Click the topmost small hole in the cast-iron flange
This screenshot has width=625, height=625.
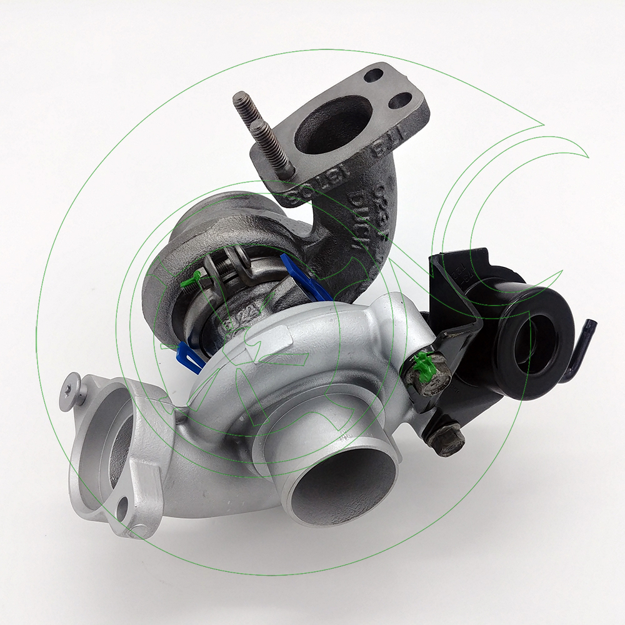(x=373, y=76)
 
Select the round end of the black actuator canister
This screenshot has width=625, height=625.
(x=535, y=341)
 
